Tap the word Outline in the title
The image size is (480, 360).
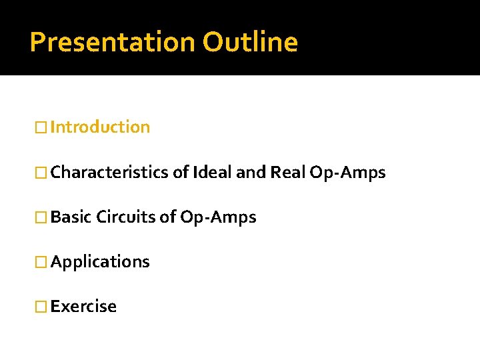pos(250,42)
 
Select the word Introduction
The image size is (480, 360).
pos(100,127)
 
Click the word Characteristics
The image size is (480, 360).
pos(110,173)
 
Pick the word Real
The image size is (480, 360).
pos(287,173)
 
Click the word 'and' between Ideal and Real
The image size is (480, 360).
pos(251,173)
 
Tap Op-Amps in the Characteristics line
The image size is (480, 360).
pos(347,173)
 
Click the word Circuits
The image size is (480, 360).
pos(126,217)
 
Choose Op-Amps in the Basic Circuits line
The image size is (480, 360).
pos(218,217)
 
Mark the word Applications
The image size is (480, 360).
pos(100,261)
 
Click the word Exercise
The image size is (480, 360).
pos(83,306)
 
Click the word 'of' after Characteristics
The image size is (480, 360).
pos(180,173)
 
